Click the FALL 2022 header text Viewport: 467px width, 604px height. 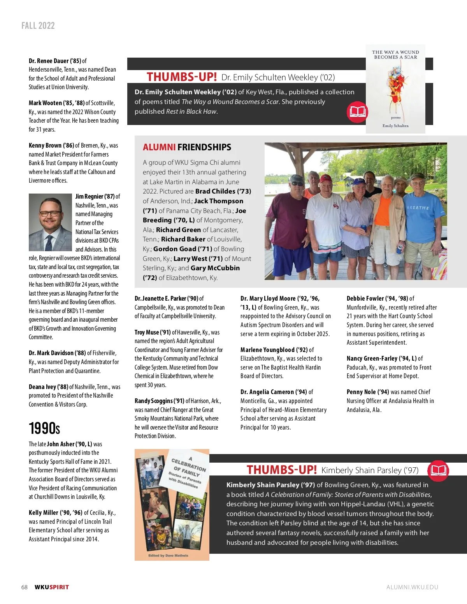point(38,26)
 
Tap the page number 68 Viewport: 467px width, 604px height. point(25,587)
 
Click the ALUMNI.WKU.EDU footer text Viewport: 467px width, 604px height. point(412,587)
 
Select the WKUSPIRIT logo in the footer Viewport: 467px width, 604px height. point(52,587)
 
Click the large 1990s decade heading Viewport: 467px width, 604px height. point(44,428)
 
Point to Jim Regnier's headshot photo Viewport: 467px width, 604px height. point(50,222)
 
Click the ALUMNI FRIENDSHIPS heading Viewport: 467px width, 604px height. point(187,147)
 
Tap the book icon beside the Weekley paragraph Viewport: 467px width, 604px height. point(357,112)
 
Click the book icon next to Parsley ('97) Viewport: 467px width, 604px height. point(438,470)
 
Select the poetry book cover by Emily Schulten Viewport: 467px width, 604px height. point(395,89)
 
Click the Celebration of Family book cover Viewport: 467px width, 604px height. point(172,505)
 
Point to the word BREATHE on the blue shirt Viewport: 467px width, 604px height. point(418,208)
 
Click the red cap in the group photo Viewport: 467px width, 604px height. point(326,179)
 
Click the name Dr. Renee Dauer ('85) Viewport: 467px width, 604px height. point(55,61)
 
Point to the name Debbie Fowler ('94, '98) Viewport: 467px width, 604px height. point(377,298)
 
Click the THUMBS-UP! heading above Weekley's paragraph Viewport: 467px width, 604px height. point(181,77)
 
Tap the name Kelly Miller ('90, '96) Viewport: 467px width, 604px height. point(55,512)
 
